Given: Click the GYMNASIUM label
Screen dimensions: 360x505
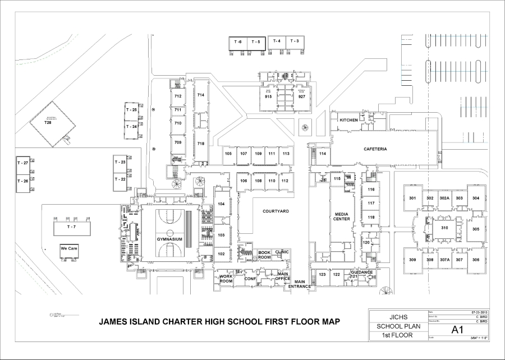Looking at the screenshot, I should click(x=170, y=239).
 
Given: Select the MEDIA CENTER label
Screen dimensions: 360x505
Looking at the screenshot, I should click(x=342, y=216).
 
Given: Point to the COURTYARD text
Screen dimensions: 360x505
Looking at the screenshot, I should click(x=275, y=211).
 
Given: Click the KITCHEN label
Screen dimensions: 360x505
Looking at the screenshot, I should click(x=348, y=120).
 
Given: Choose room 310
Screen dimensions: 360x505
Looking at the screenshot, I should click(x=444, y=228).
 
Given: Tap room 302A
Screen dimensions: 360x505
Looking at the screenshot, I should click(x=444, y=199).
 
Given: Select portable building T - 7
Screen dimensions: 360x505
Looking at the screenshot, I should click(x=71, y=227).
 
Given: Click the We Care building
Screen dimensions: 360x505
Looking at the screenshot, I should click(x=69, y=248).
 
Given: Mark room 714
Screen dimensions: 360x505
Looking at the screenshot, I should click(x=200, y=95).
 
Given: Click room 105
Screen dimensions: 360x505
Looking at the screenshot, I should click(x=228, y=154).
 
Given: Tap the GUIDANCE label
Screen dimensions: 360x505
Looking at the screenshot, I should click(x=362, y=273).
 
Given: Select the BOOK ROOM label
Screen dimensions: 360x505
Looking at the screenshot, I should click(x=264, y=255).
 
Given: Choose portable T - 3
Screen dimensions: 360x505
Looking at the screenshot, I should click(x=295, y=41).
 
